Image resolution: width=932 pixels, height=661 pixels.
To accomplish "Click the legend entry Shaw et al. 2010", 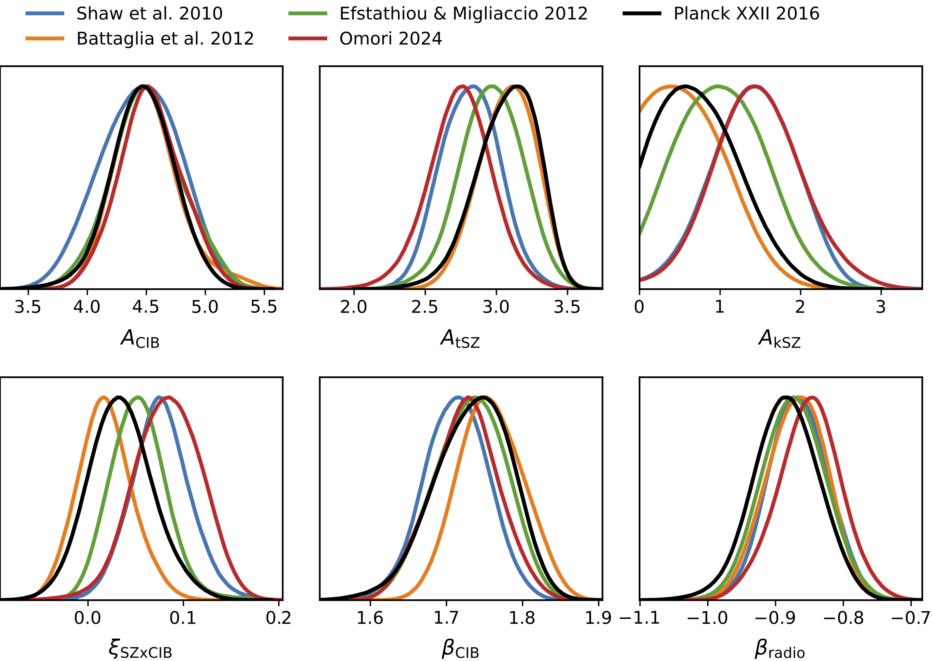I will click(149, 14).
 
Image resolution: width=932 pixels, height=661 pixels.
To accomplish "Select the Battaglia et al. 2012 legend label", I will click(165, 39).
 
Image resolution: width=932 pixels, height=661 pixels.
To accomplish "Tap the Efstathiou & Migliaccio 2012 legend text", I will click(463, 14).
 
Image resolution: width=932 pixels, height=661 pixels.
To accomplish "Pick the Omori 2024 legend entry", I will click(390, 39).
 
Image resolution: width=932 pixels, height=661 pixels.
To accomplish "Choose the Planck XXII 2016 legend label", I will click(746, 14).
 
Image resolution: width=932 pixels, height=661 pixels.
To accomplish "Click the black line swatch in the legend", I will click(642, 14).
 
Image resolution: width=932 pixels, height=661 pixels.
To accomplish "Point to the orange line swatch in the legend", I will click(45, 39).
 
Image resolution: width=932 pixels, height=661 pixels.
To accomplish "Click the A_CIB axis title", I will click(140, 339).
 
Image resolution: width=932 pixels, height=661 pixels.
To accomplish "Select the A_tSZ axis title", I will click(460, 339).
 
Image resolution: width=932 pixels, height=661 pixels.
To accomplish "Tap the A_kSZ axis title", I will click(780, 339).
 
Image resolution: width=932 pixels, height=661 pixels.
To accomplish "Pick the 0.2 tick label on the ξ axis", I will click(278, 618).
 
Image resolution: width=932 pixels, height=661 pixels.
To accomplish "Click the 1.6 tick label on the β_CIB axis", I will click(369, 618).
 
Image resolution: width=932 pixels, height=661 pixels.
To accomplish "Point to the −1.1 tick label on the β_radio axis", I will click(640, 618).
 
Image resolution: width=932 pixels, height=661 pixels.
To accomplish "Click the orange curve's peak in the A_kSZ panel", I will click(671, 86).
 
